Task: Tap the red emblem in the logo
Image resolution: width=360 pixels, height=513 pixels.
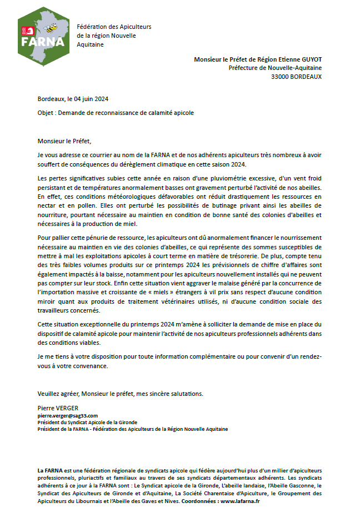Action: pos(24,31)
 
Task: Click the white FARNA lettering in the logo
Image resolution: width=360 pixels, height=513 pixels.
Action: pos(35,41)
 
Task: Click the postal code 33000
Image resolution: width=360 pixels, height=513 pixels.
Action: pos(280,77)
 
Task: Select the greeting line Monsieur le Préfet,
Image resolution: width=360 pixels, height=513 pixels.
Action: pos(63,141)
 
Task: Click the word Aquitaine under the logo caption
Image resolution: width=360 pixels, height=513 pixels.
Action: pos(91,44)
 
